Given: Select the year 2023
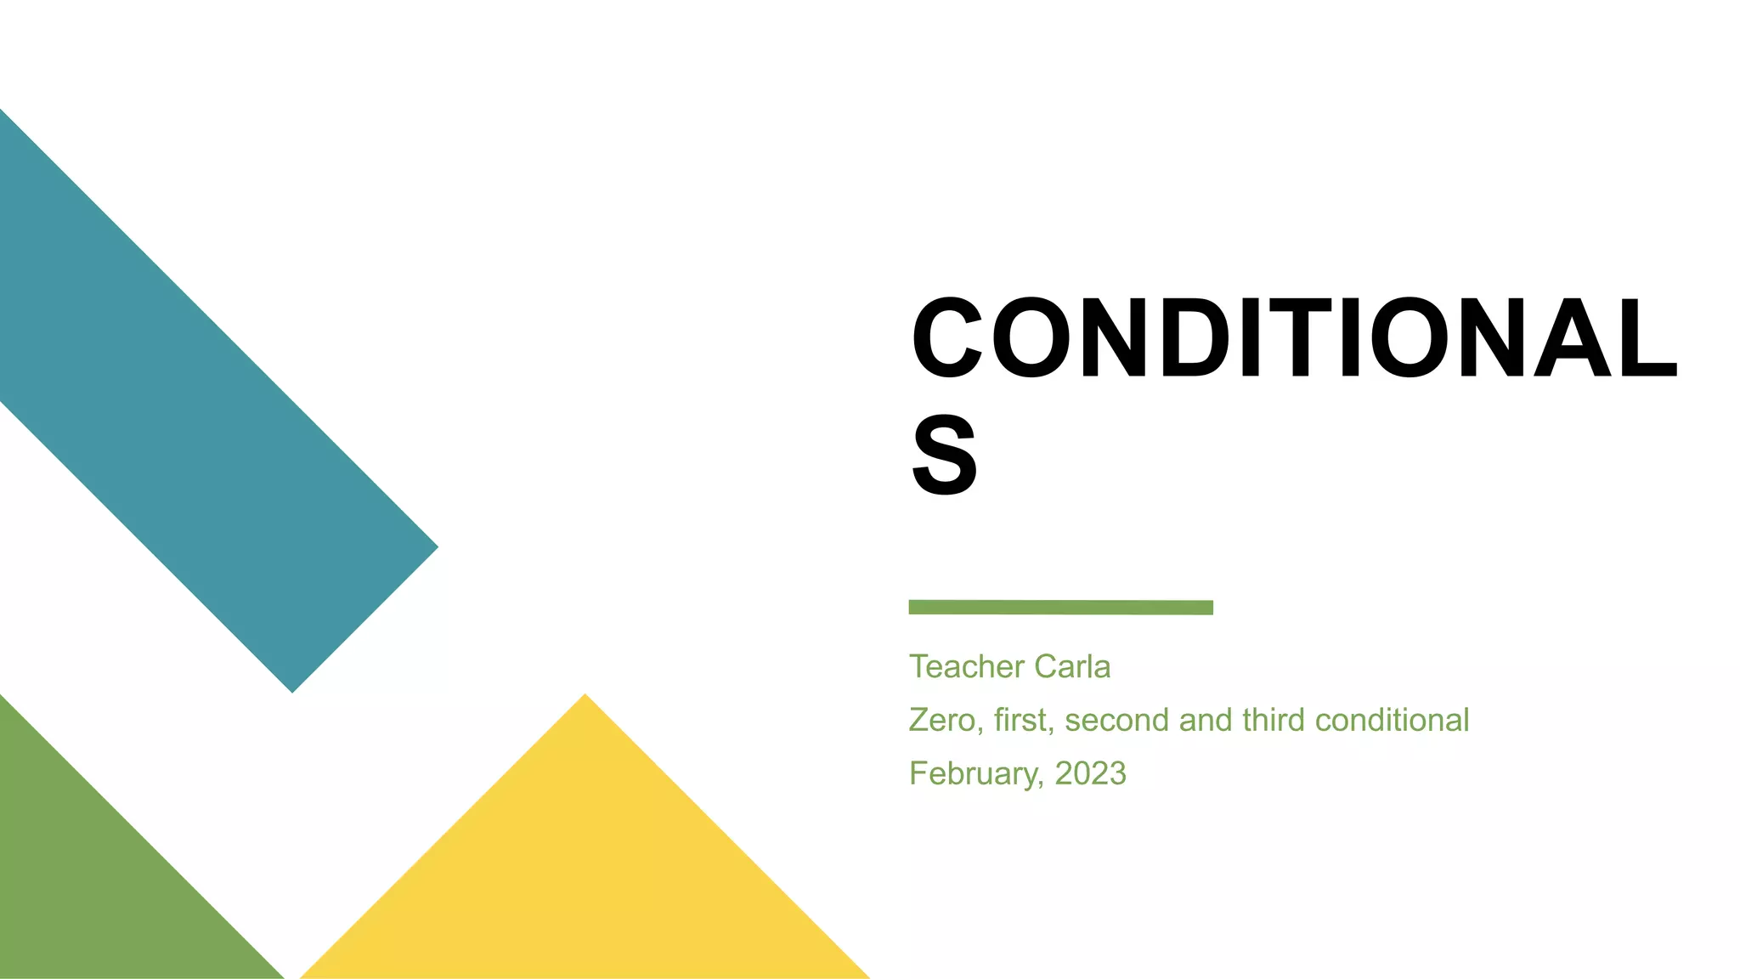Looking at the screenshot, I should click(x=1090, y=774).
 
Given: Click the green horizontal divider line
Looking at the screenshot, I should click(x=1060, y=607).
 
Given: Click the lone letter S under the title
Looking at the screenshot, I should click(x=944, y=456).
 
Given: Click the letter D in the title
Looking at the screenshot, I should click(x=1196, y=337).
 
